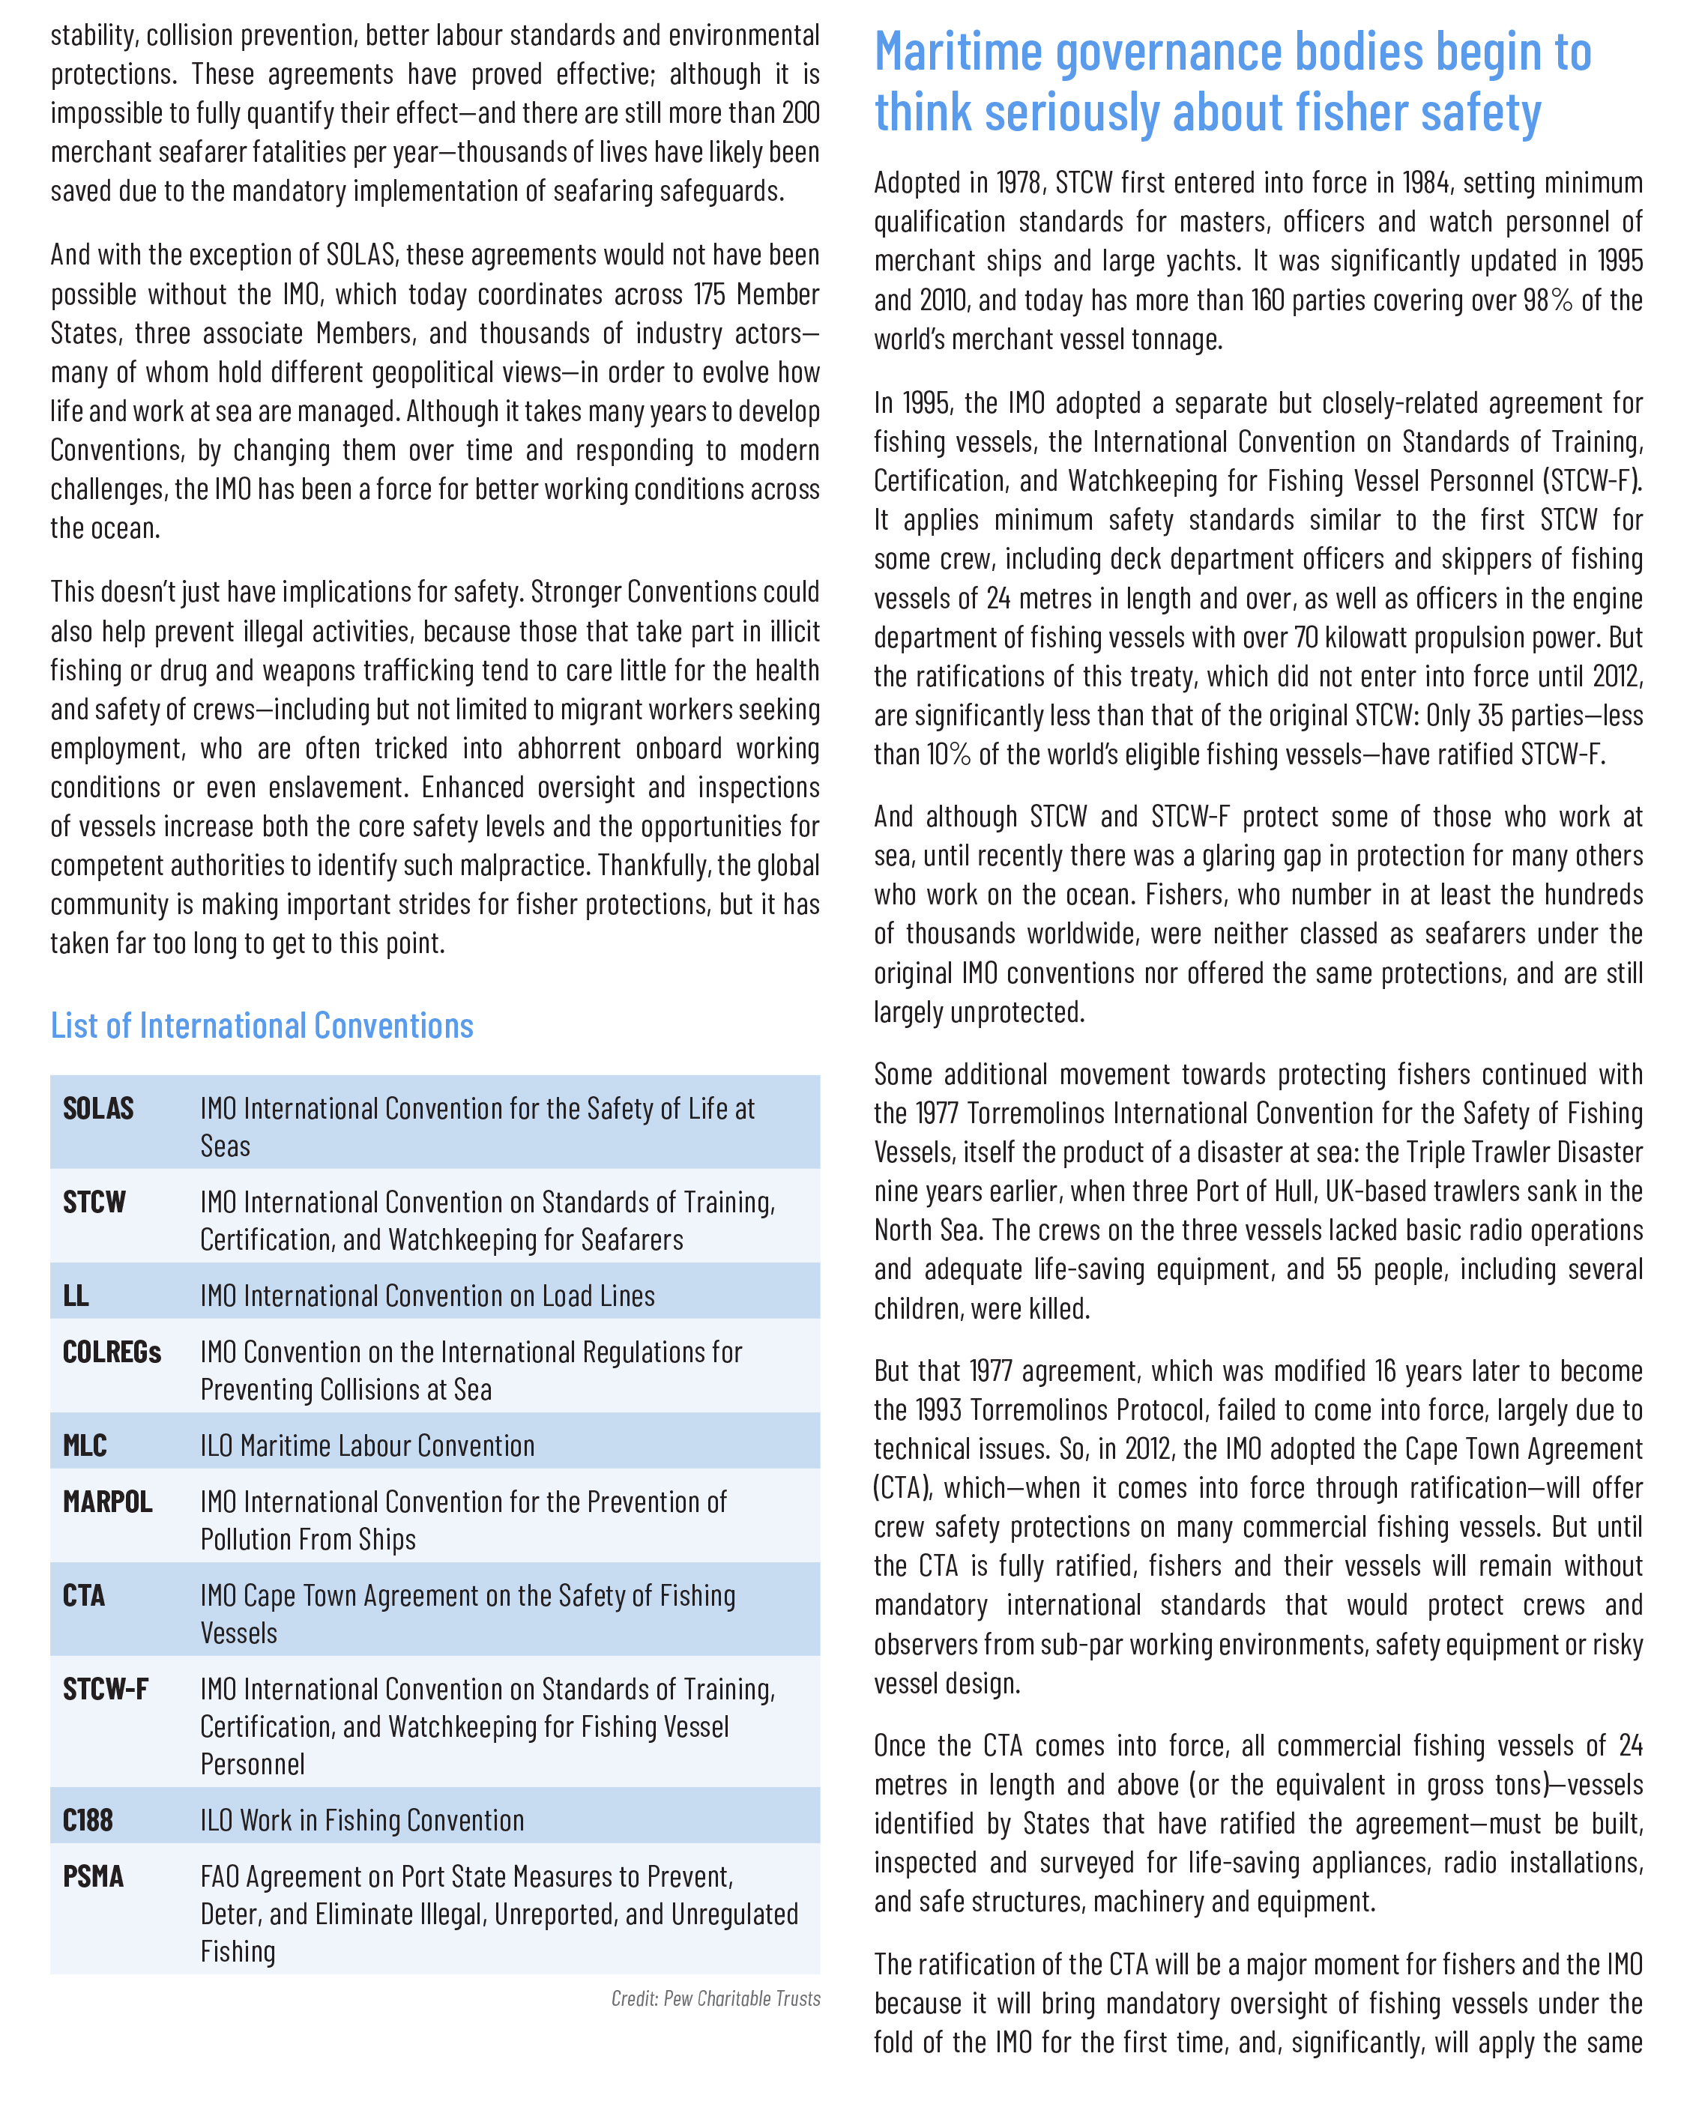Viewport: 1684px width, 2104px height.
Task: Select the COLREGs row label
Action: (111, 1352)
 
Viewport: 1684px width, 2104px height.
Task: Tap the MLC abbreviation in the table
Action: (85, 1445)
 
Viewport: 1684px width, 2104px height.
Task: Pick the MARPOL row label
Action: (107, 1502)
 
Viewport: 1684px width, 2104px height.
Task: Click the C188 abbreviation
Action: (88, 1820)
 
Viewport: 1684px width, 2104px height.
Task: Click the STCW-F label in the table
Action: (106, 1689)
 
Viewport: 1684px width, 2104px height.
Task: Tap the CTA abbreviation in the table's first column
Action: (84, 1595)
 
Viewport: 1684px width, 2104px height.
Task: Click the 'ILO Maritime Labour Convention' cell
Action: (367, 1445)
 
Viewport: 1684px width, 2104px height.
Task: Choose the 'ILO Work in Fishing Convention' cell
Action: (362, 1820)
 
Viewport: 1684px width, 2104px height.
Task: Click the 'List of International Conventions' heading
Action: (262, 1026)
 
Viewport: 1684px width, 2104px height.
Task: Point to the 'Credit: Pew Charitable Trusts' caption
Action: (715, 1998)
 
